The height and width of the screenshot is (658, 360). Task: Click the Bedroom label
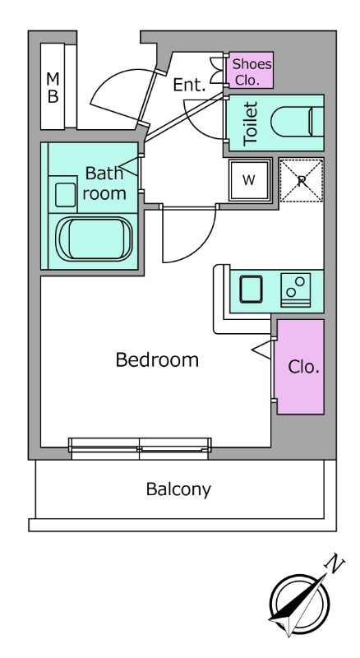coord(157,360)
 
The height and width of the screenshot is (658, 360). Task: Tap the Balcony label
coord(178,489)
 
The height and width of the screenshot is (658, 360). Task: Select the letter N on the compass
coord(335,563)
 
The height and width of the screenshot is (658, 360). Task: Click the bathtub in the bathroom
coord(94,239)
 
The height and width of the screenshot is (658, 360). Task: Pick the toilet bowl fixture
coord(297,122)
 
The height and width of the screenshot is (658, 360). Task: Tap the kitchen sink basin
coord(251,290)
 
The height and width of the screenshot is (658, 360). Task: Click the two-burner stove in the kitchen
coord(295,290)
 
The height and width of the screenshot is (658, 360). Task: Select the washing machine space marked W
coord(249,180)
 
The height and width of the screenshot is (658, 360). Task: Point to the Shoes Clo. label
coord(252,72)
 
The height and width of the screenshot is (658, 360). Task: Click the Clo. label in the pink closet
coord(304,367)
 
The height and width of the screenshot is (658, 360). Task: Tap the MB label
coord(53,87)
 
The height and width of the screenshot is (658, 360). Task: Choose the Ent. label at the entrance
coord(190,86)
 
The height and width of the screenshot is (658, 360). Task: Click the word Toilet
coord(250,123)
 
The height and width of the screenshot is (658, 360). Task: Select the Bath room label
coord(104,183)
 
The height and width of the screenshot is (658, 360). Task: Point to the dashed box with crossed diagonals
coord(302,180)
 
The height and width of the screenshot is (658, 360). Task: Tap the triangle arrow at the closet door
coord(261,350)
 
